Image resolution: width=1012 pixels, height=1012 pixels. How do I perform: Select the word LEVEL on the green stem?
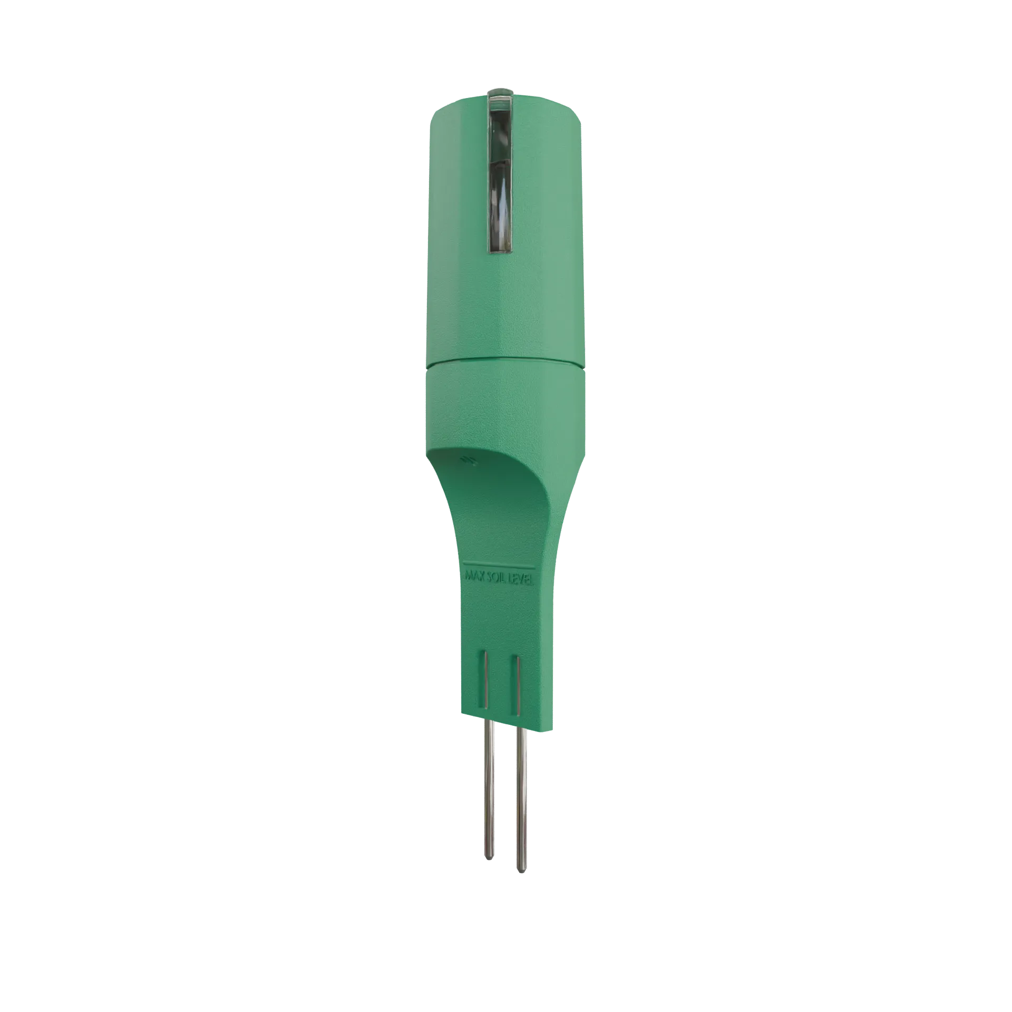tap(522, 580)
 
